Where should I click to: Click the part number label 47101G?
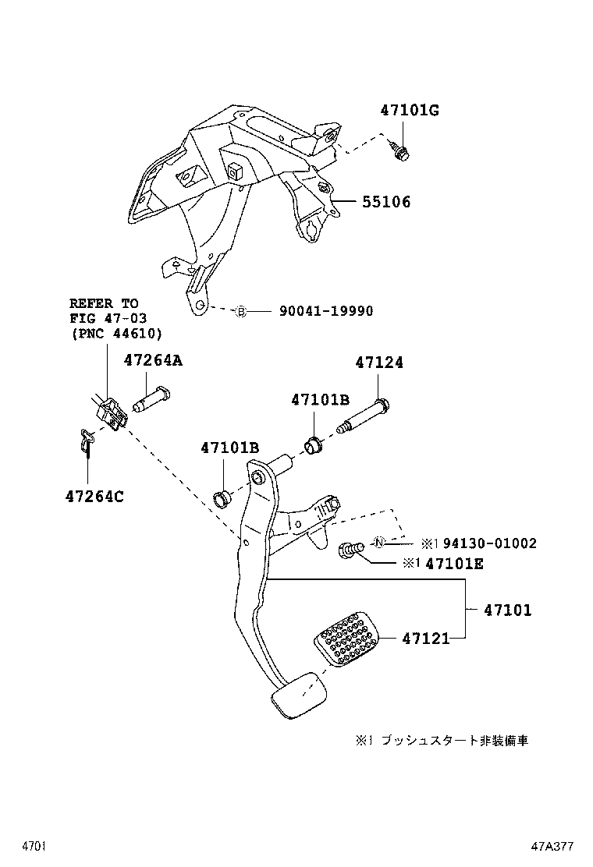click(410, 111)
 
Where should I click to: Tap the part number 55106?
click(385, 202)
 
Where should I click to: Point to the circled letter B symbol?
click(241, 312)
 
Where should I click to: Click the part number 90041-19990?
click(326, 311)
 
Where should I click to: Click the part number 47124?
click(379, 363)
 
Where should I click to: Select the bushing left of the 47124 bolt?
click(314, 448)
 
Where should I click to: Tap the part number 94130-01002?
click(481, 543)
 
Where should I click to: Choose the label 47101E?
click(454, 563)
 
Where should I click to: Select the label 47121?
click(426, 639)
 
